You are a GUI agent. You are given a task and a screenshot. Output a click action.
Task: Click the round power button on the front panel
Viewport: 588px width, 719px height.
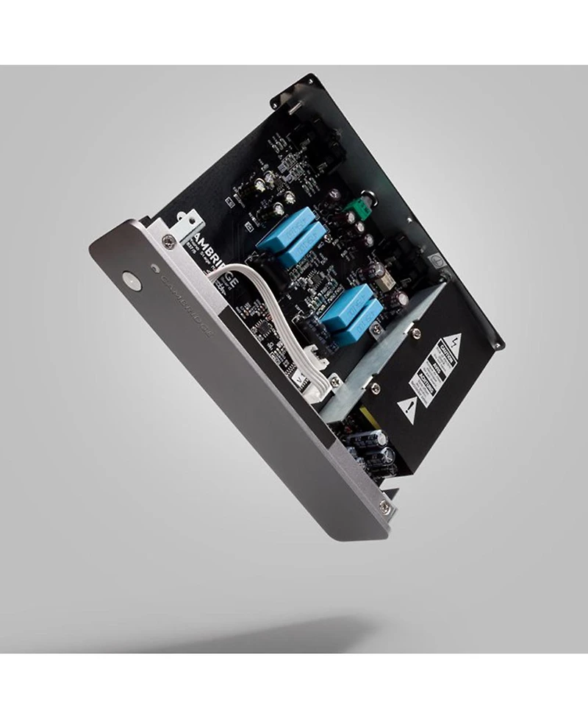pos(131,280)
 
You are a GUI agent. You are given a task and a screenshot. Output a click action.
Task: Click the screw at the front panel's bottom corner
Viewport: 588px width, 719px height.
pos(384,506)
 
